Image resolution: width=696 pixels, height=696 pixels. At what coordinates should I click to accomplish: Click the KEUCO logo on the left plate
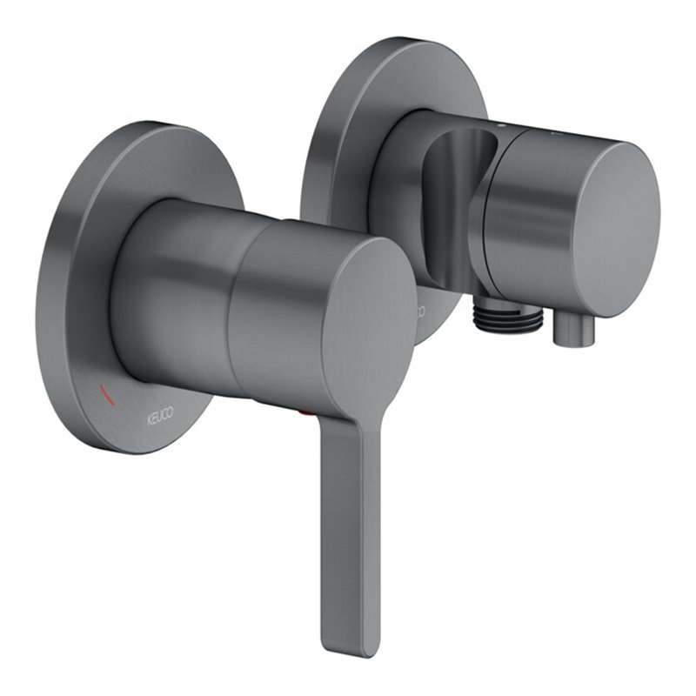coord(160,417)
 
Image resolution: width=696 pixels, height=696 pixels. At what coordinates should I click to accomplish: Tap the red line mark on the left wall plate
coord(107,395)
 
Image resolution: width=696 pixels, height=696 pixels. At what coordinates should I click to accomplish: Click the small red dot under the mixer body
coord(304,415)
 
